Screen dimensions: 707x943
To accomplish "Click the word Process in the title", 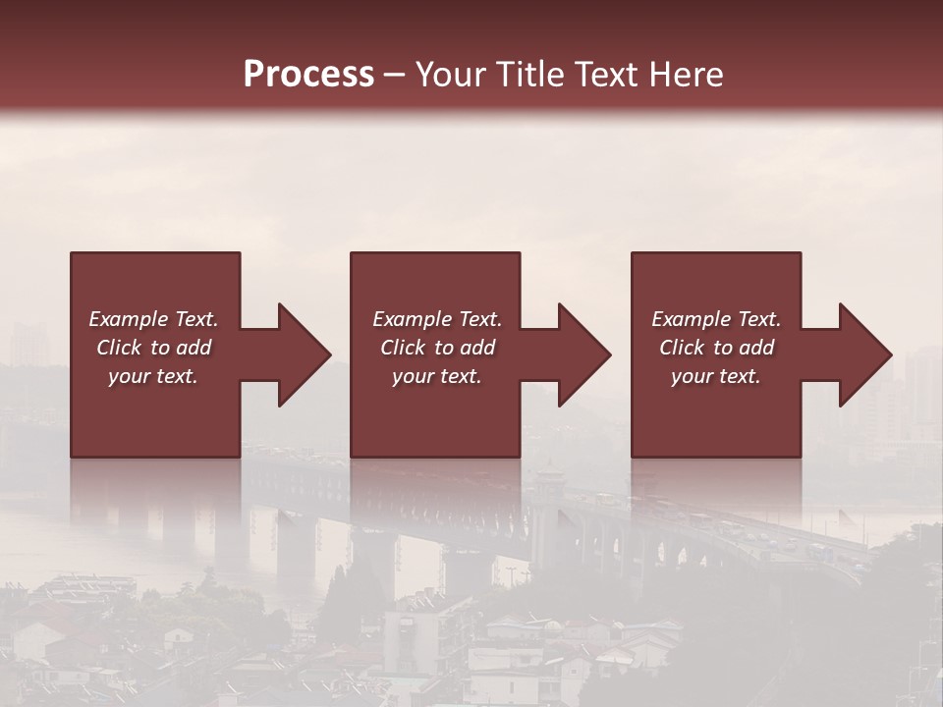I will (x=308, y=74).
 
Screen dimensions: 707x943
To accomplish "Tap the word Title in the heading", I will (x=532, y=74).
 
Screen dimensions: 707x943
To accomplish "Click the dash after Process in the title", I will (x=394, y=75).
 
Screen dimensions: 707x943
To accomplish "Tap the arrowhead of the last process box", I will (x=863, y=354).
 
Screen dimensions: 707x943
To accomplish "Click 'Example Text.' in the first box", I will (x=153, y=319).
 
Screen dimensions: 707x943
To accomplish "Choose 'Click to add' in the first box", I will (x=153, y=348).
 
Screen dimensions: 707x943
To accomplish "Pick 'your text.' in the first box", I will (x=153, y=376).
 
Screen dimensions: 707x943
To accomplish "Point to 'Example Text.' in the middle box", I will (x=437, y=319).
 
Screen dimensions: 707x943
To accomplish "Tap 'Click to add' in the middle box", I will (x=437, y=348).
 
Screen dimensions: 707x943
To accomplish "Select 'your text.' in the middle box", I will (x=437, y=376).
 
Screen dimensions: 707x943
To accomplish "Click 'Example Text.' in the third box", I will (x=716, y=319).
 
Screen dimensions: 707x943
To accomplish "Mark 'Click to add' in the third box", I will (x=716, y=348).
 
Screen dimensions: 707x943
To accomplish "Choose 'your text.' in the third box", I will (x=716, y=376).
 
